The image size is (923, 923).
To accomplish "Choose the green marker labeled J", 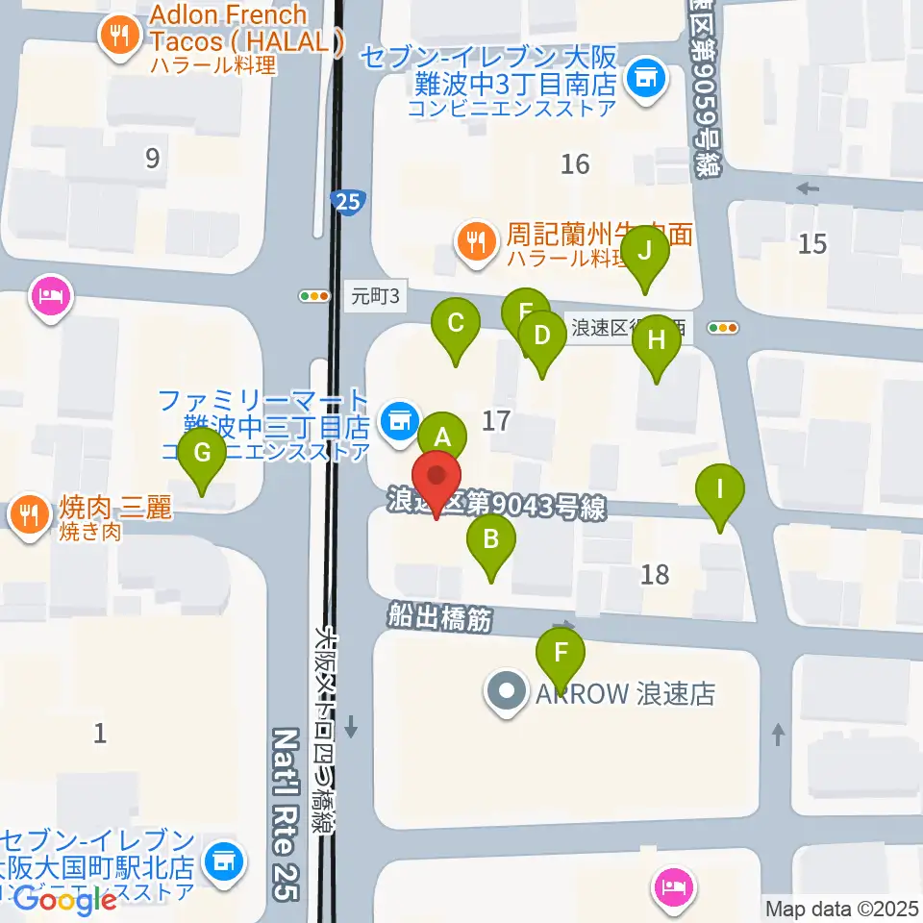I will pyautogui.click(x=645, y=252).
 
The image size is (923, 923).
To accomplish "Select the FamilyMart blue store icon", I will pyautogui.click(x=396, y=418).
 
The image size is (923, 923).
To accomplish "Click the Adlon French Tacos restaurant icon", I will pyautogui.click(x=119, y=37).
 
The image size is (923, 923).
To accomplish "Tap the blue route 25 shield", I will pyautogui.click(x=346, y=202).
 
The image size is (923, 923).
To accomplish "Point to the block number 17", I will pyautogui.click(x=495, y=420).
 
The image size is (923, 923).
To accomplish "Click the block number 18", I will pyautogui.click(x=655, y=575).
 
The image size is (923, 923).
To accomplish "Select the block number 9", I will pyautogui.click(x=152, y=158).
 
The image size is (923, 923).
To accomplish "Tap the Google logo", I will pyautogui.click(x=65, y=900).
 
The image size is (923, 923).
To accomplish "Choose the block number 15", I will pyautogui.click(x=812, y=243).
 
